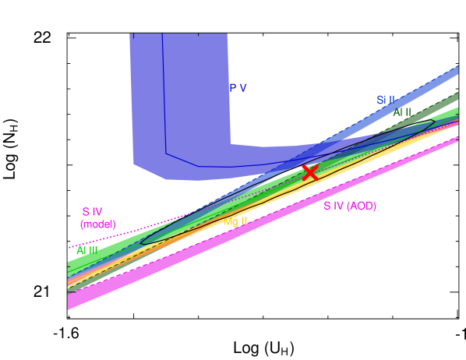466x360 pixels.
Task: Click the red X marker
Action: point(310,173)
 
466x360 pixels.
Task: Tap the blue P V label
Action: point(238,88)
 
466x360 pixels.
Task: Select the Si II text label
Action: point(386,100)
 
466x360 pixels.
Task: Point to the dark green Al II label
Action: point(402,112)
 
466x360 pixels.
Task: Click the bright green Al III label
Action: point(86,251)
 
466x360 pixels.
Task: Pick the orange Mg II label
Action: point(235,221)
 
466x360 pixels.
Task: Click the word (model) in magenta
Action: point(97,224)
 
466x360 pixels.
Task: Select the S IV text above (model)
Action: point(92,211)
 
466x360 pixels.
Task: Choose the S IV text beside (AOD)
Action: point(333,206)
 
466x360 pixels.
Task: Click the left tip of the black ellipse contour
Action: point(142,242)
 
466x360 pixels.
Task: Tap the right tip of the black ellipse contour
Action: point(434,122)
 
